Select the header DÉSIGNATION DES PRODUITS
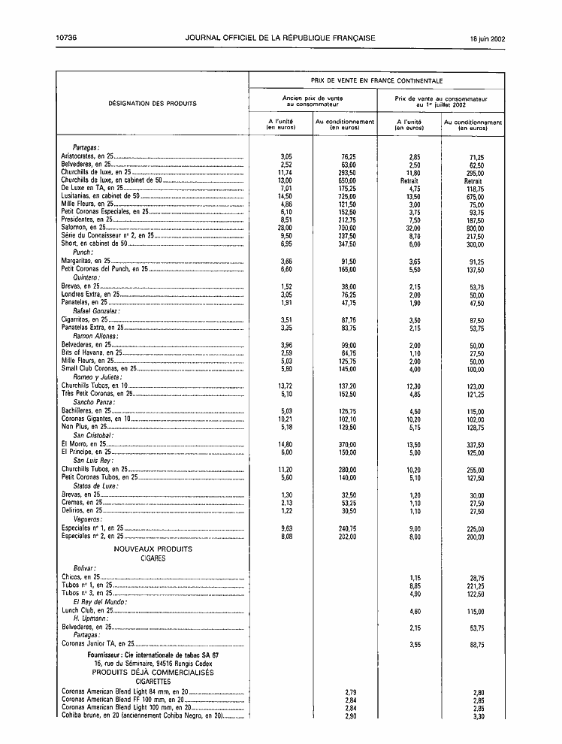click(153, 103)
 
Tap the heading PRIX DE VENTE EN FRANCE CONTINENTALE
click(376, 80)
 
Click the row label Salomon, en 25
click(83, 227)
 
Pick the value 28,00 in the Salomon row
click(284, 227)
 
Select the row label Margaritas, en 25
click(85, 261)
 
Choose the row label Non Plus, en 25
click(84, 426)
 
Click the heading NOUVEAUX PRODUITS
click(153, 549)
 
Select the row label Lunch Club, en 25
click(86, 611)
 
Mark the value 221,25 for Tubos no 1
click(473, 585)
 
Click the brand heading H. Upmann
click(88, 618)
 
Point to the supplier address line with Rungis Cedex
click(153, 664)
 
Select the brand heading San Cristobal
click(93, 435)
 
